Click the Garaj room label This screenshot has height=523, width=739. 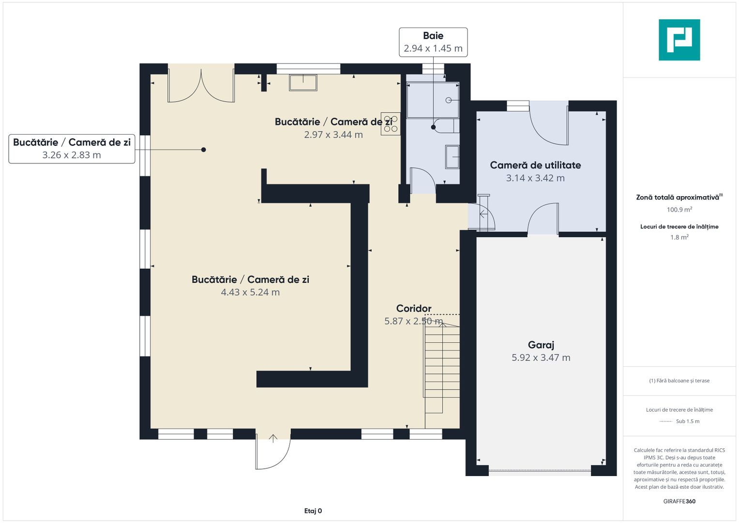click(x=541, y=345)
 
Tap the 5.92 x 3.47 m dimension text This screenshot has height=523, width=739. click(x=541, y=357)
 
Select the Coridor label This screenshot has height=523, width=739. click(x=414, y=308)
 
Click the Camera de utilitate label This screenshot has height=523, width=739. click(x=535, y=165)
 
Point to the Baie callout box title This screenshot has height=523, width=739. click(x=433, y=36)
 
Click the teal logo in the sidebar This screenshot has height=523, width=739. click(x=679, y=40)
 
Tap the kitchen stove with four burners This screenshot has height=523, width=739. click(x=391, y=124)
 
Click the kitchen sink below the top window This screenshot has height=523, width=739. click(x=303, y=82)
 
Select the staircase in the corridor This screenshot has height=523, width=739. click(x=442, y=371)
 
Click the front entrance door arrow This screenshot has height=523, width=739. click(x=273, y=438)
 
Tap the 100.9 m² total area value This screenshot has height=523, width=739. click(x=679, y=209)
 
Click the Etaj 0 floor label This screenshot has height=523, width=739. click(x=313, y=511)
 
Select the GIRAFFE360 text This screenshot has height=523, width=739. click(x=679, y=501)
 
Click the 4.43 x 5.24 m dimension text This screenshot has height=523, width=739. click(x=250, y=292)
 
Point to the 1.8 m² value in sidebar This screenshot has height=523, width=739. click(x=679, y=237)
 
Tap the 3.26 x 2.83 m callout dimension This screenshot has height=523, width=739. click(x=72, y=155)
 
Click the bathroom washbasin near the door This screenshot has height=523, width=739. click(x=452, y=157)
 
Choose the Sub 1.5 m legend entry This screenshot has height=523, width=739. click(x=688, y=421)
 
